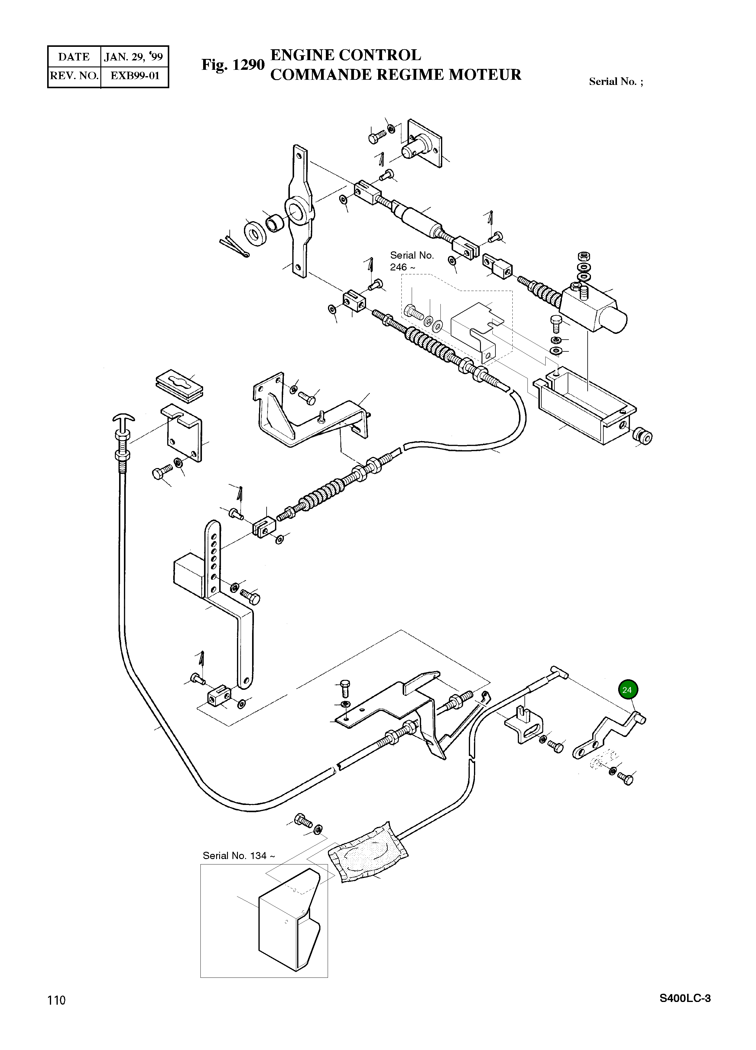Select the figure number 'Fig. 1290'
tap(232, 65)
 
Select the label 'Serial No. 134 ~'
tap(238, 855)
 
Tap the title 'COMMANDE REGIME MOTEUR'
tap(396, 75)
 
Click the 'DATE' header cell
tap(74, 57)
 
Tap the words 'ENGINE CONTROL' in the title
tap(346, 55)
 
